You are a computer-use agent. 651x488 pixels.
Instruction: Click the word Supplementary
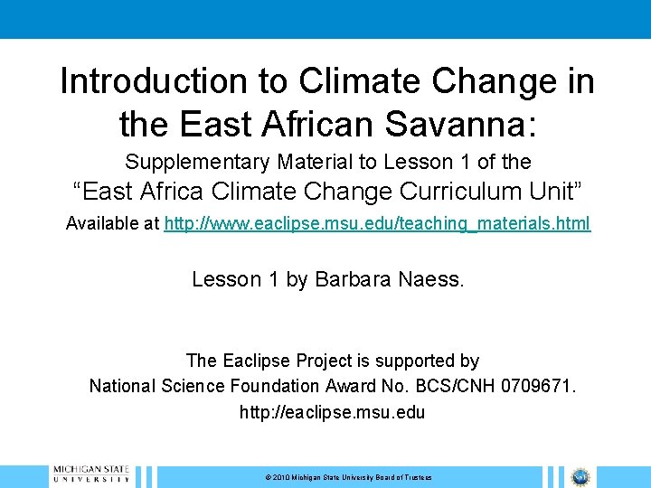[x=197, y=162]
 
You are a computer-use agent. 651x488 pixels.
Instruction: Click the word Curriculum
[x=457, y=192]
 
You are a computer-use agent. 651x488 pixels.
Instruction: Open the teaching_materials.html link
[x=377, y=223]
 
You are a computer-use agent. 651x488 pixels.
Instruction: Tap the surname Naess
[x=433, y=279]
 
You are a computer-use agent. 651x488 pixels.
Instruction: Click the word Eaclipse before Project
[x=258, y=361]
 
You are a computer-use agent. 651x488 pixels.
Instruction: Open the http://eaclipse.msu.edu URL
[x=332, y=412]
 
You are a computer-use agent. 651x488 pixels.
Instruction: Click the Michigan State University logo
[x=90, y=475]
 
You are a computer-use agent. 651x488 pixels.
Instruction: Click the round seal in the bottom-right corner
[x=579, y=476]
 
